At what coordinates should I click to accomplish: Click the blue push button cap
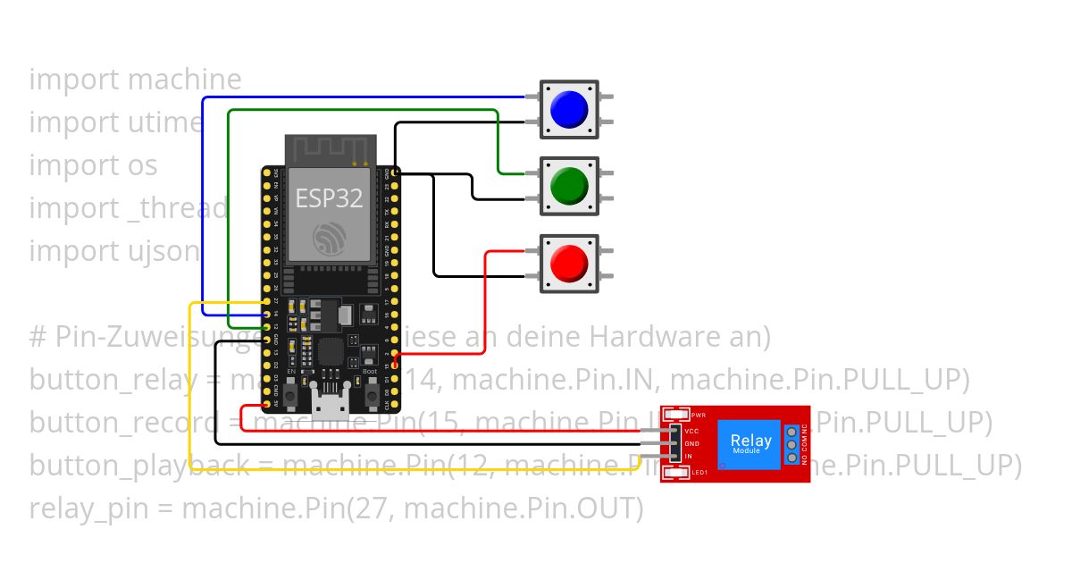pyautogui.click(x=569, y=109)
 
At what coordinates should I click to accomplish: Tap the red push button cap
pyautogui.click(x=569, y=265)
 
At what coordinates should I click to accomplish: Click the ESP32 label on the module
pyautogui.click(x=329, y=197)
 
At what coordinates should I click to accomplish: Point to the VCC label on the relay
pyautogui.click(x=691, y=431)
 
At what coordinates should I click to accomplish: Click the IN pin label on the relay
pyautogui.click(x=688, y=456)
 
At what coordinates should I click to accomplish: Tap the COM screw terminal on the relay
pyautogui.click(x=791, y=444)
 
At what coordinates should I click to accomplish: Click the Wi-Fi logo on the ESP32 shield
pyautogui.click(x=329, y=237)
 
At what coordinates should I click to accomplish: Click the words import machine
pyautogui.click(x=135, y=80)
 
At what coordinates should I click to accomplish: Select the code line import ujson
pyautogui.click(x=114, y=251)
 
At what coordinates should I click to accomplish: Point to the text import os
pyautogui.click(x=93, y=165)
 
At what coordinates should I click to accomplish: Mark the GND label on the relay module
pyautogui.click(x=691, y=443)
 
